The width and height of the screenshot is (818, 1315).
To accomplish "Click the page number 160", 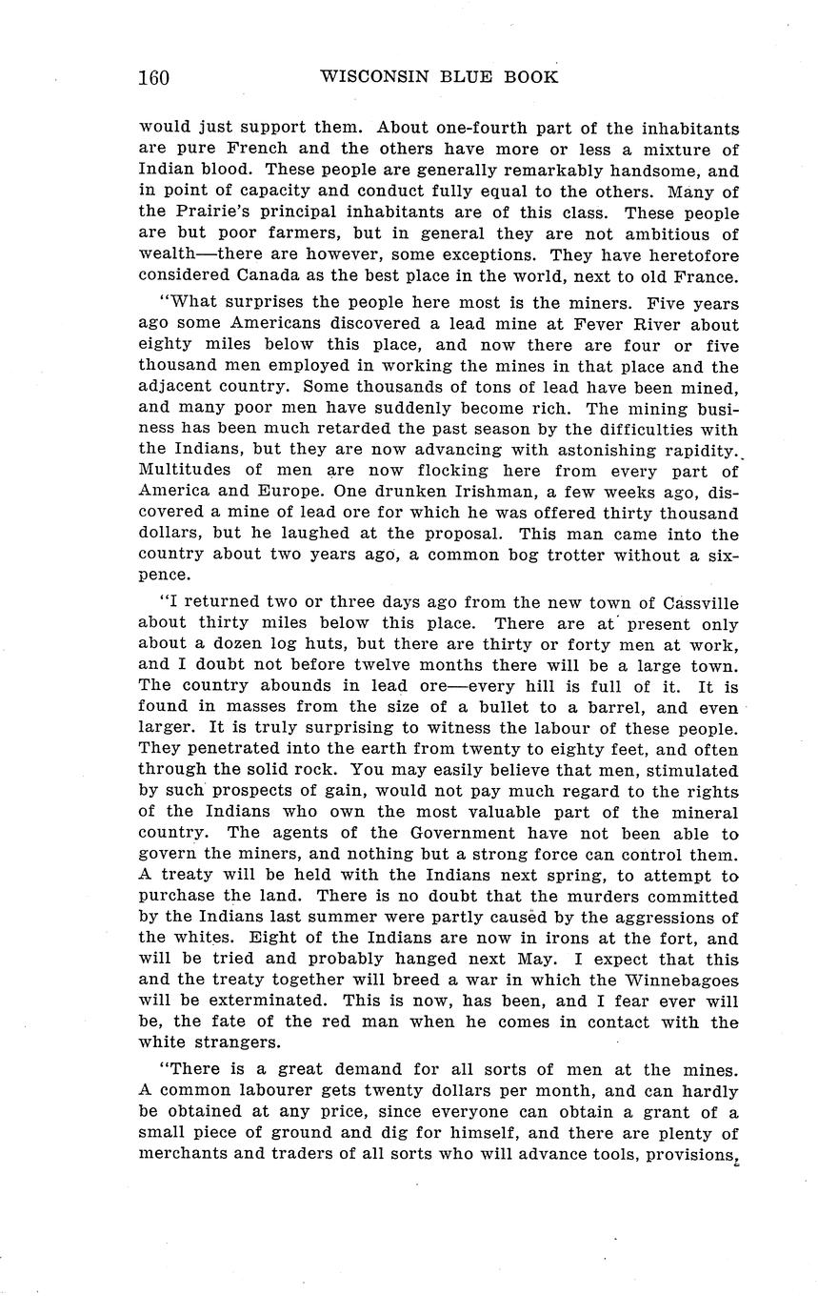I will click(153, 77).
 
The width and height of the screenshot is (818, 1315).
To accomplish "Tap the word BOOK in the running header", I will click(532, 77).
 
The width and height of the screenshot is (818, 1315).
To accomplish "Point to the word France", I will click(704, 277).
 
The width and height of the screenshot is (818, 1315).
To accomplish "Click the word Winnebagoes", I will click(682, 981).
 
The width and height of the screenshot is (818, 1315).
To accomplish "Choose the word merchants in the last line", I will click(185, 1155).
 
